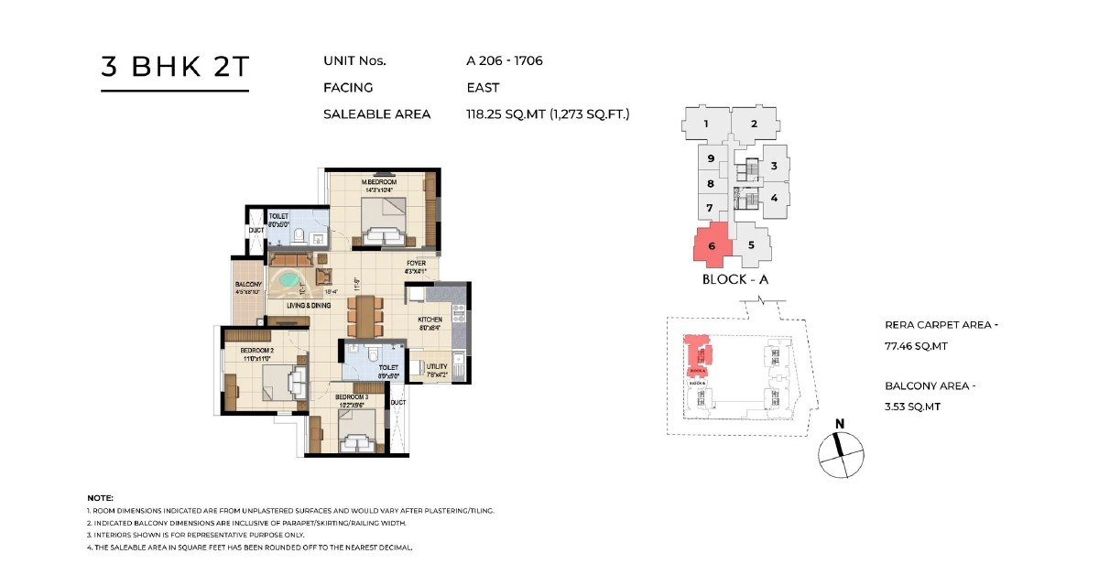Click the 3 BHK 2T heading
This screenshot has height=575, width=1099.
(174, 69)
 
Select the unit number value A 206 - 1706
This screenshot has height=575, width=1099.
(506, 61)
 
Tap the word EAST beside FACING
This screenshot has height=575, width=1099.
(483, 88)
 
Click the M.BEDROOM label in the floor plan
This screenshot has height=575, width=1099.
(378, 183)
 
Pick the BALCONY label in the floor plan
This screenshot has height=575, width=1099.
(248, 285)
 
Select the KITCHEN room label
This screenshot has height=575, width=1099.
(430, 320)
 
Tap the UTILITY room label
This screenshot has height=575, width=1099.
(436, 366)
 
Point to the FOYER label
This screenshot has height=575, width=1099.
(416, 264)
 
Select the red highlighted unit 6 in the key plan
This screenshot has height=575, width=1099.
(711, 245)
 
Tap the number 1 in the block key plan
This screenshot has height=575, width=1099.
(706, 124)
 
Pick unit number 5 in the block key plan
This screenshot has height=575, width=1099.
(751, 245)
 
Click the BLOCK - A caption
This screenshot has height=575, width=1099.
(734, 279)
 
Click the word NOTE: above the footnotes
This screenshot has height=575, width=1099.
(100, 497)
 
